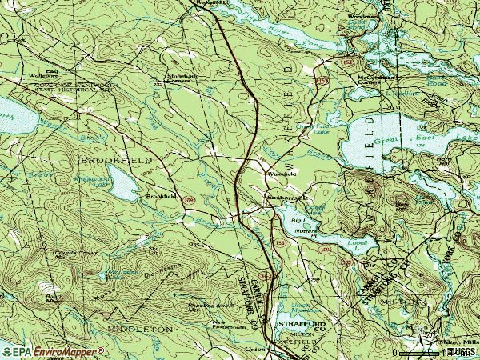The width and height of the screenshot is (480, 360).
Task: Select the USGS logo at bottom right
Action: [462, 351]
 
